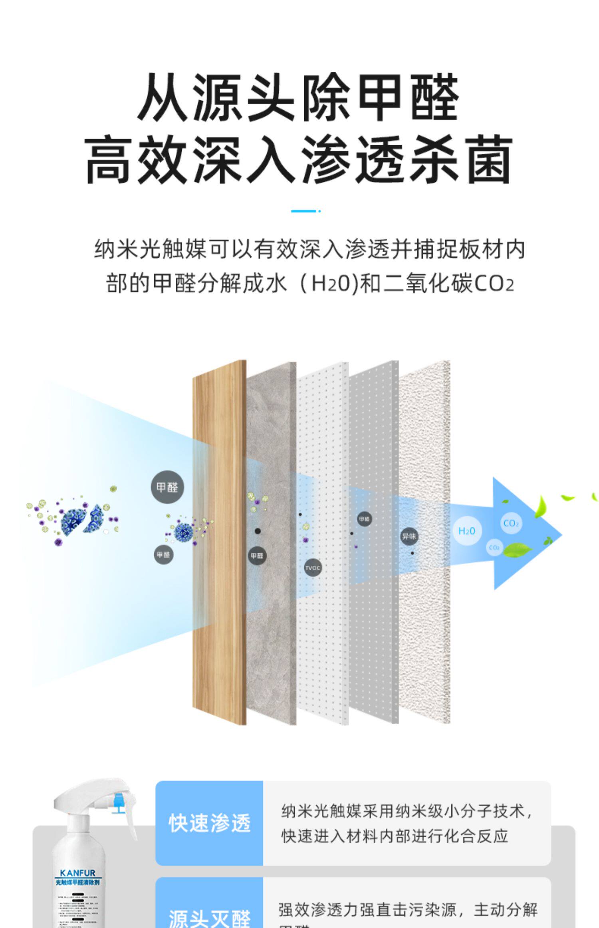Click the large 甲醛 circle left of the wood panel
coord(167,487)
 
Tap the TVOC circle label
coord(313,568)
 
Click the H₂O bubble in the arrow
coord(466,531)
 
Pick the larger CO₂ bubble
coord(511,524)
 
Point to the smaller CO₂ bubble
coord(494,548)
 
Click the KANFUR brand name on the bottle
coord(77,873)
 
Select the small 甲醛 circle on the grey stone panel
coord(257,556)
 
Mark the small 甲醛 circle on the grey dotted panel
coord(364,519)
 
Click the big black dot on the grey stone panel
coord(258,531)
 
